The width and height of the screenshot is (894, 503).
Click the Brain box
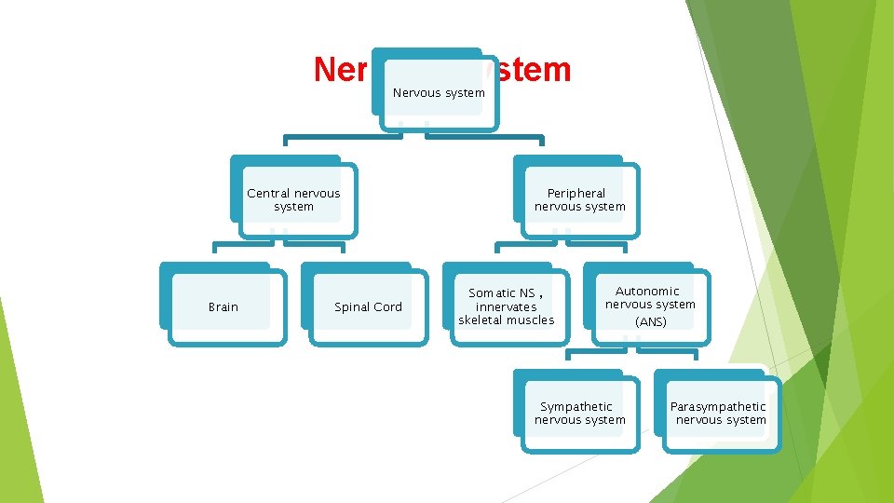223,306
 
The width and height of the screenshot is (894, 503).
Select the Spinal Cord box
368,306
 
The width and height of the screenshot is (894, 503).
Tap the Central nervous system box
293,199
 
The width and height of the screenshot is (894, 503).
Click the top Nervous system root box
439,92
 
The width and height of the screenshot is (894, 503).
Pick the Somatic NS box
506,306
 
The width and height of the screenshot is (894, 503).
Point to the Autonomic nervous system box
650,306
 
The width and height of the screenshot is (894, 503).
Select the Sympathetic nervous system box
579,413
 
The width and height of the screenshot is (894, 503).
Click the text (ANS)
650,322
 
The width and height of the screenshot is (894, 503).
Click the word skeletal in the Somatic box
482,320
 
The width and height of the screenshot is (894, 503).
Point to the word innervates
506,306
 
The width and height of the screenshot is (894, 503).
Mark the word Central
268,193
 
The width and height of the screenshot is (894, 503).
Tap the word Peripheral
576,193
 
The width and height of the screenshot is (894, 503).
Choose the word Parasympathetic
718,406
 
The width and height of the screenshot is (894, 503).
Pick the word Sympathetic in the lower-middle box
576,406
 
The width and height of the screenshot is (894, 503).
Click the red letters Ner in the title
341,70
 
